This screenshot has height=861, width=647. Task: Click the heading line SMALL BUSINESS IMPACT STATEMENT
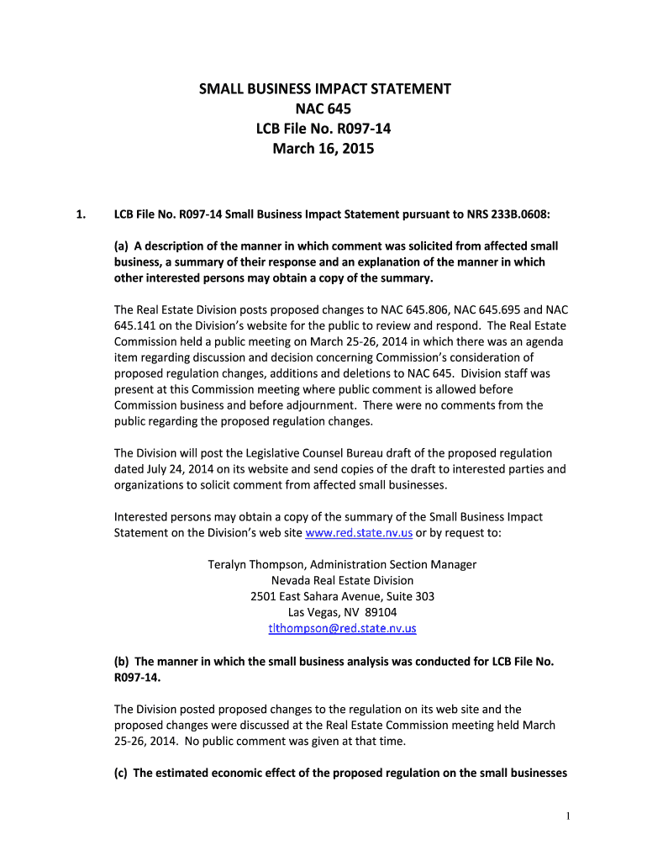(324, 88)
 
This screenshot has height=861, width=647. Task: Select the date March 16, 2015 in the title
(324, 150)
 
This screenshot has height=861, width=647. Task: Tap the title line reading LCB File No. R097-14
(324, 129)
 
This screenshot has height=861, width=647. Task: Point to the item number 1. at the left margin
(81, 214)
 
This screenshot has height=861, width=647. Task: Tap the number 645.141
(136, 326)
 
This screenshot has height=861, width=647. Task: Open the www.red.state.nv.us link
(359, 533)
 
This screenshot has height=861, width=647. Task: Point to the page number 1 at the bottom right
(569, 816)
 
